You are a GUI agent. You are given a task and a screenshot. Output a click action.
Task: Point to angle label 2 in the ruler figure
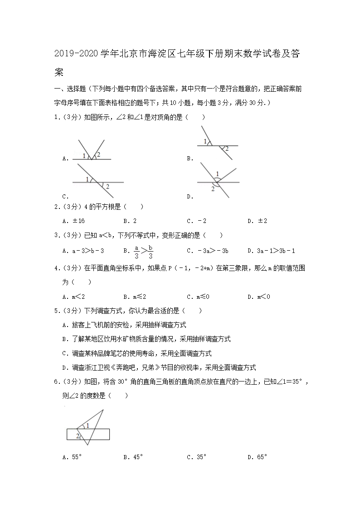tap(78, 436)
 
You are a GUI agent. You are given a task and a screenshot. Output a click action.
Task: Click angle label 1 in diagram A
tap(84, 156)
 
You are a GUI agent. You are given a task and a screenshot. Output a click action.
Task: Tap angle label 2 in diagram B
tap(227, 149)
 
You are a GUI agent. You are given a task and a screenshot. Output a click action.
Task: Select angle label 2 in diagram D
tap(212, 188)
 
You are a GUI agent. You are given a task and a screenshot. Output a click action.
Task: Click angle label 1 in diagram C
tap(87, 180)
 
